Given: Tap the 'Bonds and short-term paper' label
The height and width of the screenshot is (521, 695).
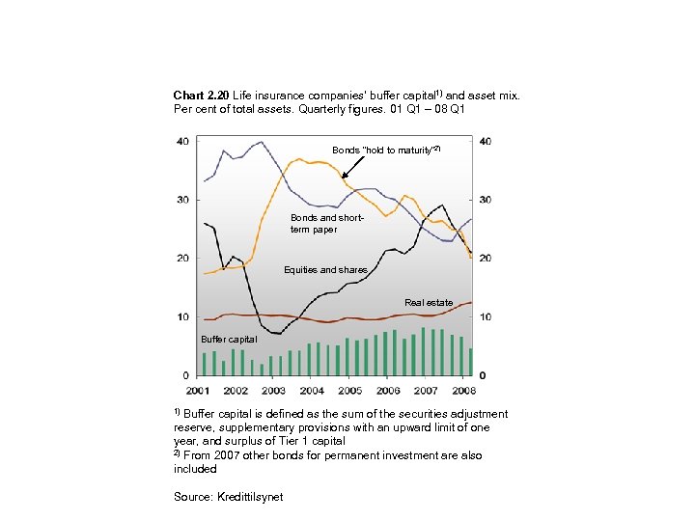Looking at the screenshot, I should tap(326, 224).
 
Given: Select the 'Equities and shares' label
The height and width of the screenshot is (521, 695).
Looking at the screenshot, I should tap(325, 270).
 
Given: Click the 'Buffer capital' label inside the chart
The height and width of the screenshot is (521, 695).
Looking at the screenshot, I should tap(229, 340).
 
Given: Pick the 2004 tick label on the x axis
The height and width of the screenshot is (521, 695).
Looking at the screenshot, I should tap(312, 391).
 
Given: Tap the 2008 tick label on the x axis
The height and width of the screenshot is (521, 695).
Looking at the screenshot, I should tap(463, 391).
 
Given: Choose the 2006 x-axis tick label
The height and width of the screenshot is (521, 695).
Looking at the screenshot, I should tap(387, 391).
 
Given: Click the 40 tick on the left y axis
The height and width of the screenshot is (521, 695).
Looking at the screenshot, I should tap(182, 142).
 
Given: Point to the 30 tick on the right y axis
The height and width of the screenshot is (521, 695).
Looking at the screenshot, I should tap(486, 200).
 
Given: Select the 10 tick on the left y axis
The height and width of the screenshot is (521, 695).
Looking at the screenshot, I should tap(182, 317).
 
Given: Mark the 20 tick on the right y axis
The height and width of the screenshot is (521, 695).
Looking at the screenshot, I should tap(486, 259).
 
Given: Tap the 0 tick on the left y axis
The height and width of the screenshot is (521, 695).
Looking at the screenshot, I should tap(185, 375).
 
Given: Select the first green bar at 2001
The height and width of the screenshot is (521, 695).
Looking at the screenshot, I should tap(205, 364).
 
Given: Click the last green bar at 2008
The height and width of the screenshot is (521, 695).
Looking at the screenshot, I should tap(470, 362).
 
